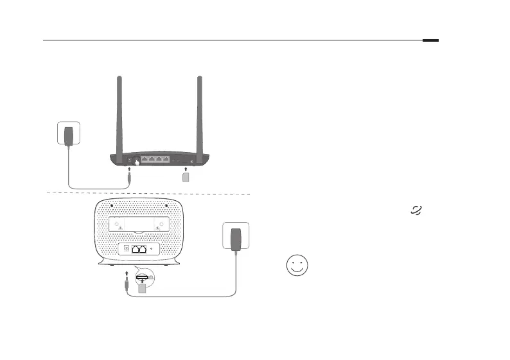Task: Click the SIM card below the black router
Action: (x=186, y=176)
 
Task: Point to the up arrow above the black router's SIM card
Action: (x=186, y=169)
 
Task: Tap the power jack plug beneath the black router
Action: (x=130, y=178)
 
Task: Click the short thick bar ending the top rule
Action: (x=431, y=40)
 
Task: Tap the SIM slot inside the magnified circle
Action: (x=143, y=277)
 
